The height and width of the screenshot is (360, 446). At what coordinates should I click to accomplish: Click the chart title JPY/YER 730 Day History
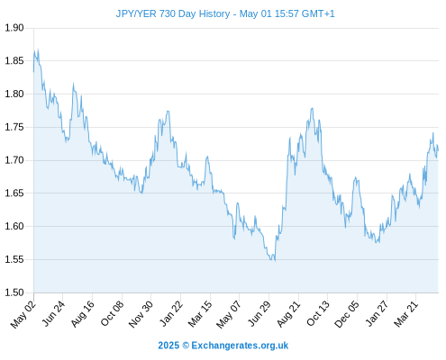click(173, 13)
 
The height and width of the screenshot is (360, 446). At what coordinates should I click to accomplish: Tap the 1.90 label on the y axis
click(14, 28)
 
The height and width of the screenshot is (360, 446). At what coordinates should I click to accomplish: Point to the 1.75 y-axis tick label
click(14, 127)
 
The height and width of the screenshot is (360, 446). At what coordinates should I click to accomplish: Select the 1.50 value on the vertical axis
click(14, 292)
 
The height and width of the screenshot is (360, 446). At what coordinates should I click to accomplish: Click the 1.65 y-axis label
click(14, 193)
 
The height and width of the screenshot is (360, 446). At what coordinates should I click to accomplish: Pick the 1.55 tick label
click(14, 259)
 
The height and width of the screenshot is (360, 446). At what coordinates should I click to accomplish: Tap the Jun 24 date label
click(53, 313)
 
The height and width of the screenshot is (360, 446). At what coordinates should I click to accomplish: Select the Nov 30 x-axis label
click(141, 314)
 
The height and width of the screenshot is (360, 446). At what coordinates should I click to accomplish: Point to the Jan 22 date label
click(171, 313)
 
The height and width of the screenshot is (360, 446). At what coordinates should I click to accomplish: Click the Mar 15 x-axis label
click(200, 314)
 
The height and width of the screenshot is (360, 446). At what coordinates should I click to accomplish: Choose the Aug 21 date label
click(288, 314)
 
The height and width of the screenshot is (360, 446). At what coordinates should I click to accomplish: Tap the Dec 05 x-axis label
click(347, 314)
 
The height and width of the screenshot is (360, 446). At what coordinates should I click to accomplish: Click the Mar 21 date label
click(406, 314)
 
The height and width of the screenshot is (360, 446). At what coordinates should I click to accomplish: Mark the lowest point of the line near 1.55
click(275, 260)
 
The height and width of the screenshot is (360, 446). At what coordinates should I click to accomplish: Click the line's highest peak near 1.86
click(38, 50)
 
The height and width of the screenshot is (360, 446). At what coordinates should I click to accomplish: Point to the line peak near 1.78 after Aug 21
click(313, 108)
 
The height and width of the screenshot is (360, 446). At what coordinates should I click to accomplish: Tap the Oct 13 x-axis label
click(318, 314)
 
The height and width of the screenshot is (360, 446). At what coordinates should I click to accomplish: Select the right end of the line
click(438, 150)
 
